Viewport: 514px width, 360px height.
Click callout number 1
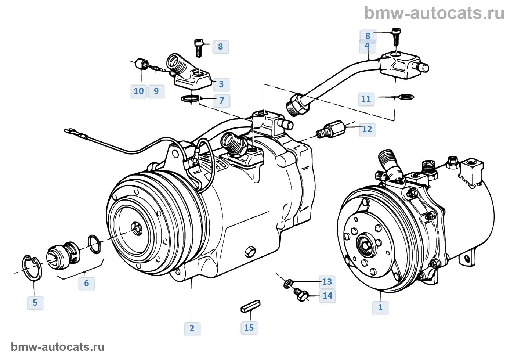click(x=380, y=307)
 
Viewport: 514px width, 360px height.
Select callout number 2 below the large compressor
click(x=192, y=328)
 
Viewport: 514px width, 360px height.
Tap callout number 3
click(x=221, y=84)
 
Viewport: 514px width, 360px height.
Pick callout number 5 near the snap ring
click(x=35, y=303)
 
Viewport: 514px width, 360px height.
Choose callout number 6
click(x=87, y=283)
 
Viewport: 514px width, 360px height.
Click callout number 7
click(x=221, y=100)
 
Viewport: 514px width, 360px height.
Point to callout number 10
click(x=139, y=91)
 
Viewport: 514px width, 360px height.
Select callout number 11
click(x=366, y=98)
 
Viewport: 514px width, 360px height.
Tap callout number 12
click(x=367, y=129)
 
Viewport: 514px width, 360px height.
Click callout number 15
click(x=249, y=327)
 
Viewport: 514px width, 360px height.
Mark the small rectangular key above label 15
click(x=250, y=306)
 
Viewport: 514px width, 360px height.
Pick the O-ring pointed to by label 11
click(x=406, y=97)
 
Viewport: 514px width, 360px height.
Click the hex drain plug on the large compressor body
click(x=250, y=251)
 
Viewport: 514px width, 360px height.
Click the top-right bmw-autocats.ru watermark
click(x=434, y=14)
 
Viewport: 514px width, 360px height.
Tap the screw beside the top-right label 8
click(x=396, y=36)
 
